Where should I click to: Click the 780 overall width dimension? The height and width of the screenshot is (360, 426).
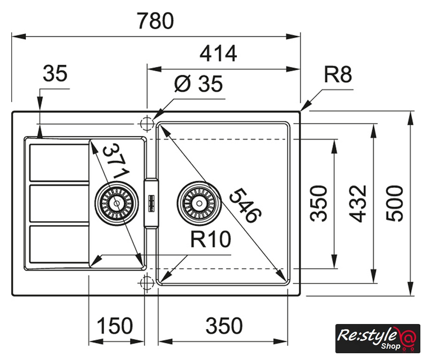click(155, 21)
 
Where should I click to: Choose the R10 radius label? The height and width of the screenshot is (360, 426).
click(211, 240)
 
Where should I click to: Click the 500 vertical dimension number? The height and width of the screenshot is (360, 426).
click(396, 202)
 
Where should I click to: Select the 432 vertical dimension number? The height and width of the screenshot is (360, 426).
click(358, 203)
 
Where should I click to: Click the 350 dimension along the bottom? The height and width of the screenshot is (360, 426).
click(224, 326)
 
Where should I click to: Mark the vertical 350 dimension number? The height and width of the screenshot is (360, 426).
click(319, 203)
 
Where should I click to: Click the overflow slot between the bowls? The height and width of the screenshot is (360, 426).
click(151, 202)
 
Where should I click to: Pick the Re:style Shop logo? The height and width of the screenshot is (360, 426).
click(378, 338)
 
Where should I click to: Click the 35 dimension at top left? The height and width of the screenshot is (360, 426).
click(55, 73)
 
